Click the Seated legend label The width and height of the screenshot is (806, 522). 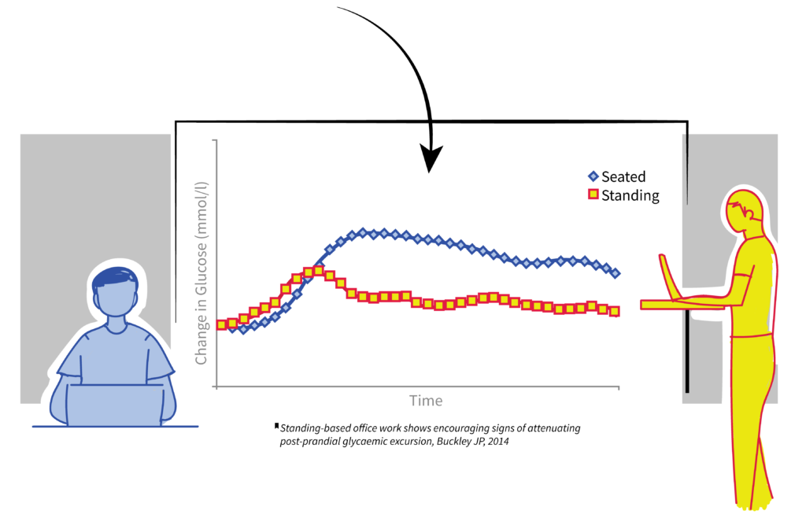coord(623,177)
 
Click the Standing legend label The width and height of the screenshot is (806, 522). coord(630,195)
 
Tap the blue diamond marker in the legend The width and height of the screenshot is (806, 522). coord(593,176)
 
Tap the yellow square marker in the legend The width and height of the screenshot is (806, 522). coord(593,194)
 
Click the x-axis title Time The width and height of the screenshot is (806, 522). coord(426,401)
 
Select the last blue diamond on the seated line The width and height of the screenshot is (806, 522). coord(616,273)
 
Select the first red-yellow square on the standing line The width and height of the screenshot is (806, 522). coord(222,325)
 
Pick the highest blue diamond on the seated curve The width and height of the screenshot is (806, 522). coord(363,232)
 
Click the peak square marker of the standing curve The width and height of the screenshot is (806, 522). coord(318,270)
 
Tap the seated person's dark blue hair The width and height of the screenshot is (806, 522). coord(115,276)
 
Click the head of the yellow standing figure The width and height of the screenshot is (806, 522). coord(743,211)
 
